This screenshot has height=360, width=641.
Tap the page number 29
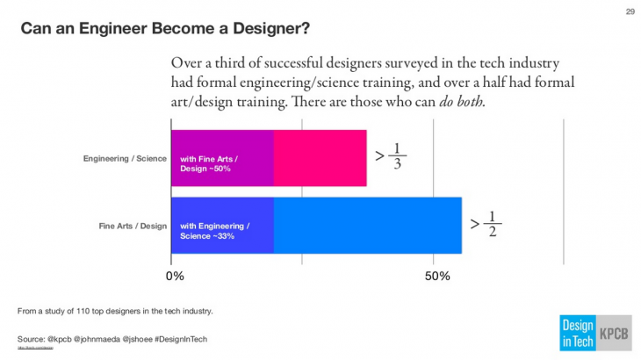pyautogui.click(x=629, y=11)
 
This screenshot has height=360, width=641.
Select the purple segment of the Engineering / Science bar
pyautogui.click(x=222, y=158)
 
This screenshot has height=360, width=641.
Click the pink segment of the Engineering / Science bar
pyautogui.click(x=320, y=158)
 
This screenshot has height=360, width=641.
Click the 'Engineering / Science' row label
pyautogui.click(x=123, y=159)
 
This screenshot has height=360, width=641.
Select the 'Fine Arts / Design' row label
pyautogui.click(x=133, y=226)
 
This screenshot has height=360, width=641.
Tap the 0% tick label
pyautogui.click(x=176, y=277)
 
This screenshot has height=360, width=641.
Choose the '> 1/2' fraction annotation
pyautogui.click(x=486, y=225)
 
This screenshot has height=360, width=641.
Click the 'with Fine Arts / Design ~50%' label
pyautogui.click(x=209, y=163)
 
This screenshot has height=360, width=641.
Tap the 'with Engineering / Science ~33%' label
pyautogui.click(x=214, y=231)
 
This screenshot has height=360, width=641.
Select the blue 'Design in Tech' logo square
pyautogui.click(x=577, y=332)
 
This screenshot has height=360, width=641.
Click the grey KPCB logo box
pyautogui.click(x=614, y=332)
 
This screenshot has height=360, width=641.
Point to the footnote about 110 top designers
pyautogui.click(x=115, y=311)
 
